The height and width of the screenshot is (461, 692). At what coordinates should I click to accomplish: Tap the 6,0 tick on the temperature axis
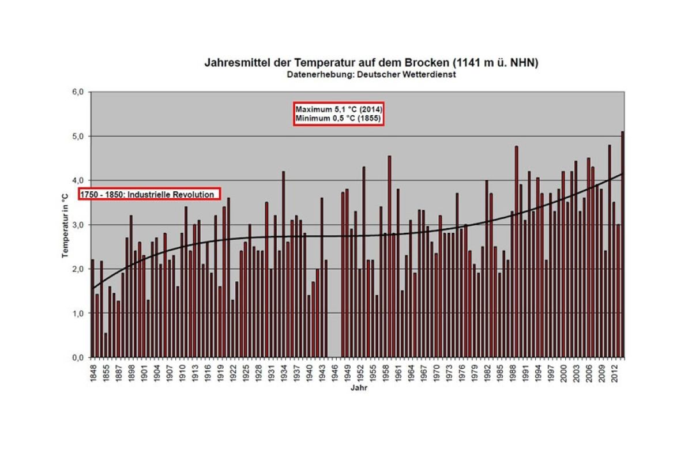click(78, 92)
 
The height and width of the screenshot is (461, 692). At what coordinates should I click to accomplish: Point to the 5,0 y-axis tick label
click(78, 136)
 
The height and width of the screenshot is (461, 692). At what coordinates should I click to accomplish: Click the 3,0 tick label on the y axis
click(78, 225)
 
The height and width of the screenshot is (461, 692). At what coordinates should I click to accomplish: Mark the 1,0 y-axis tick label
click(78, 313)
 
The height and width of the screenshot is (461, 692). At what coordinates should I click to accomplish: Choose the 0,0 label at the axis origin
click(78, 358)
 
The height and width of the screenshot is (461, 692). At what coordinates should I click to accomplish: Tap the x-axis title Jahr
click(358, 388)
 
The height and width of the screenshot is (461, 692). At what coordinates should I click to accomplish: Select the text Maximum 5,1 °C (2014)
click(339, 109)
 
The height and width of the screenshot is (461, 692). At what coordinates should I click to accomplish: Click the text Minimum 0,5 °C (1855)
click(339, 118)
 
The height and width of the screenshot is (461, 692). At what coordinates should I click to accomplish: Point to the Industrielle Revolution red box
click(150, 195)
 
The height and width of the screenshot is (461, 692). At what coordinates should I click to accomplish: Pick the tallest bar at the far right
click(622, 244)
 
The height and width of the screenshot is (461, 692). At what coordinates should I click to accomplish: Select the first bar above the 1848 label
click(92, 308)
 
